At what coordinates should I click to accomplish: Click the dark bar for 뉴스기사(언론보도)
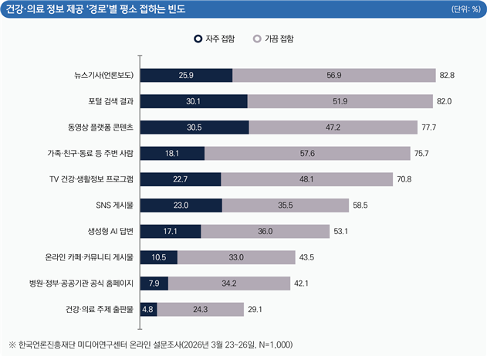(186, 75)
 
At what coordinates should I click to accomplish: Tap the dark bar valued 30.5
(194, 127)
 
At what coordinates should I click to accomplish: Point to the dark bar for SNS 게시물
(181, 205)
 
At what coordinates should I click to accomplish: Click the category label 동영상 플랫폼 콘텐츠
(100, 127)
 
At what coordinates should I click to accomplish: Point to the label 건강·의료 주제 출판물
(100, 309)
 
